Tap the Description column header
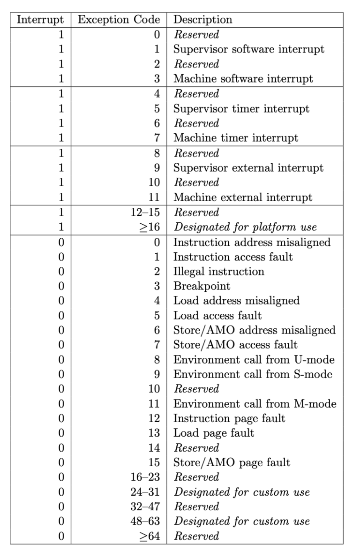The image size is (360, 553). [202, 20]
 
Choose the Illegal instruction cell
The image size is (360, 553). [219, 272]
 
